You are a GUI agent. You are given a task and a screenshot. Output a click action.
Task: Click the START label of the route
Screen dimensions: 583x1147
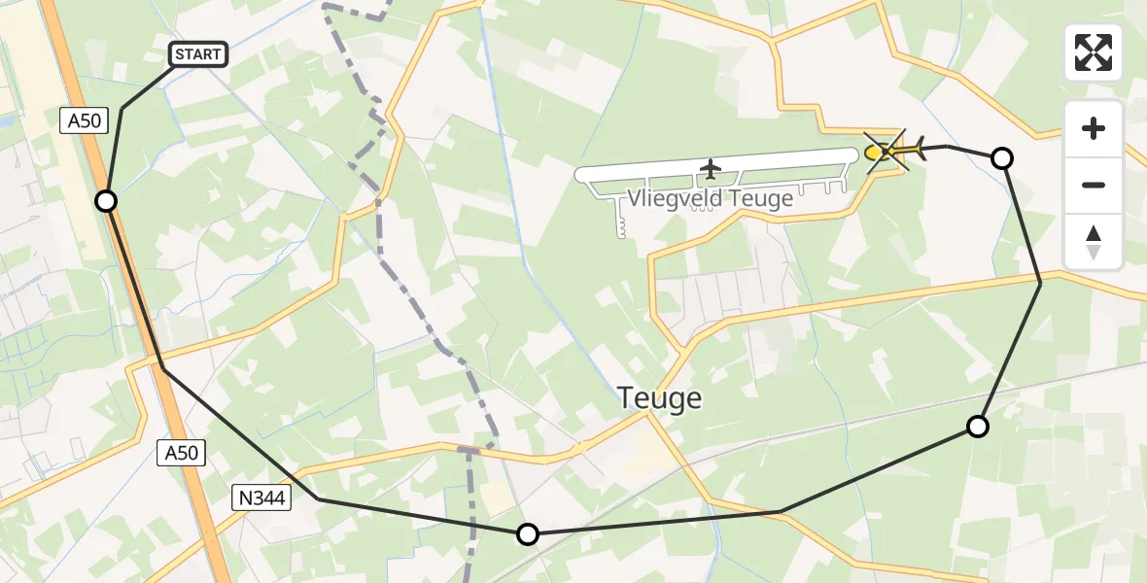coord(198,54)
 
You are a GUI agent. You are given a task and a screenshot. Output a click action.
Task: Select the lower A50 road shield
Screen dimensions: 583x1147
coord(181,452)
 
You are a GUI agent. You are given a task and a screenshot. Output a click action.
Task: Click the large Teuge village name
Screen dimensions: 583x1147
coord(660,398)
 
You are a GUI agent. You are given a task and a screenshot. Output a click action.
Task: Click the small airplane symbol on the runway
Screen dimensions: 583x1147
coord(711,169)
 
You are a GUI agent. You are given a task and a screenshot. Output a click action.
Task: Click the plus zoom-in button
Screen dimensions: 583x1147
coord(1094,128)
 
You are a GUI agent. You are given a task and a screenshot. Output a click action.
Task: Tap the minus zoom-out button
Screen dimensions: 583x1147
coord(1094,185)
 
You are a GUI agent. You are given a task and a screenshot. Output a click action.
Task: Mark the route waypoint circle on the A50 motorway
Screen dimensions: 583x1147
coord(106,201)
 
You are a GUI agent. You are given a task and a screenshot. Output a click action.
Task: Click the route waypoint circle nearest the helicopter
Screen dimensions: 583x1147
coord(1002,158)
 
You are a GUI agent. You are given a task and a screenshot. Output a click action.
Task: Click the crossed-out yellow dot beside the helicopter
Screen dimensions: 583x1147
coord(874,153)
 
